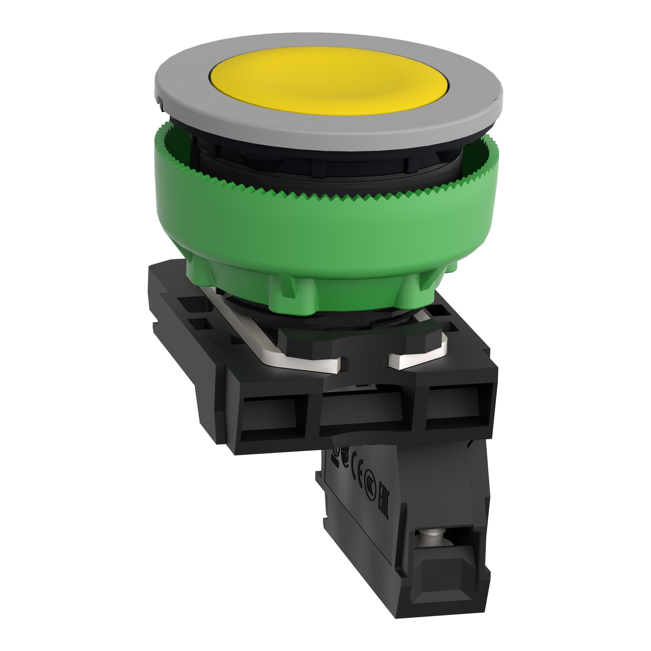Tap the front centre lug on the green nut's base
click(x=289, y=291)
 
